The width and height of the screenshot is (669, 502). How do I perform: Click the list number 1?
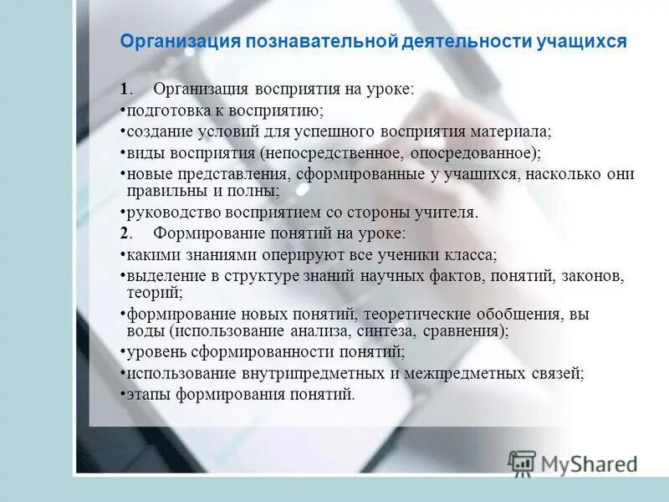point(124,90)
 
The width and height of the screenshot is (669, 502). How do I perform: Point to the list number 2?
point(124,233)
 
